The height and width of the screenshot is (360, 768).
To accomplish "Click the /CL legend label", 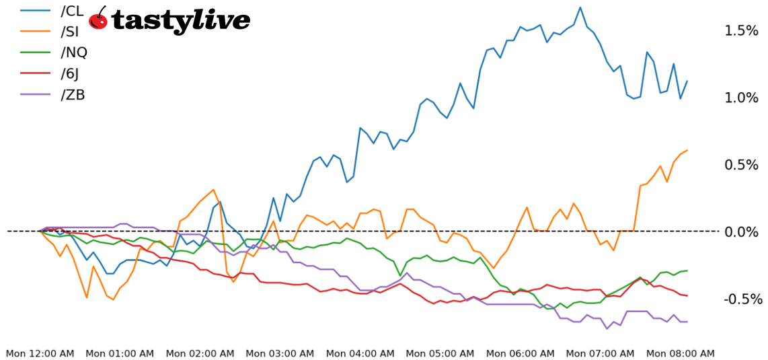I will (x=72, y=11).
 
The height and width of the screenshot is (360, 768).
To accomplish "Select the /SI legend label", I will (x=71, y=32).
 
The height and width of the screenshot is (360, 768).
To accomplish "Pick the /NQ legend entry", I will (x=74, y=52).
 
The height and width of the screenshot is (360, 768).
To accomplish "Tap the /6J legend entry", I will (x=71, y=73).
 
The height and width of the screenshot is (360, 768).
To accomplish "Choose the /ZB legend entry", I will (x=73, y=94).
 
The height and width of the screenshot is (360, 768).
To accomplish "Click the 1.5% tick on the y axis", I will (x=741, y=31).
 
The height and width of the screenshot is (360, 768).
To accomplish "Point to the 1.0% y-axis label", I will (x=741, y=98).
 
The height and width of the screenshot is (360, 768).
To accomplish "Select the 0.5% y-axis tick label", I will (x=741, y=165).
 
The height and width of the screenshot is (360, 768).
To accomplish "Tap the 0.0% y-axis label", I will (x=741, y=232).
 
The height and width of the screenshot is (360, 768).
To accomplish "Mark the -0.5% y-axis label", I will (x=739, y=299).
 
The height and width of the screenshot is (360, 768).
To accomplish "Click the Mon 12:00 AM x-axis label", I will (x=40, y=353).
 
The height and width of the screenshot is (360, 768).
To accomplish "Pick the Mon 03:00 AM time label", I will (x=280, y=353).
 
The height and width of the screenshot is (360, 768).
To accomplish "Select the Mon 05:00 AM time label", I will (x=440, y=353).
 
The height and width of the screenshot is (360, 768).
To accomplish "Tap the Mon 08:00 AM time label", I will (x=680, y=353).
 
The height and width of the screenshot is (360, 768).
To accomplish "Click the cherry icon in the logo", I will (x=98, y=19).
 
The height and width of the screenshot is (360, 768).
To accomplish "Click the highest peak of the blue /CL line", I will (x=580, y=7).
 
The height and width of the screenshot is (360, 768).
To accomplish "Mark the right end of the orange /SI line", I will (x=687, y=150).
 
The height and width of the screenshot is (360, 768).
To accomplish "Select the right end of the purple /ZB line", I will (x=687, y=322).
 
